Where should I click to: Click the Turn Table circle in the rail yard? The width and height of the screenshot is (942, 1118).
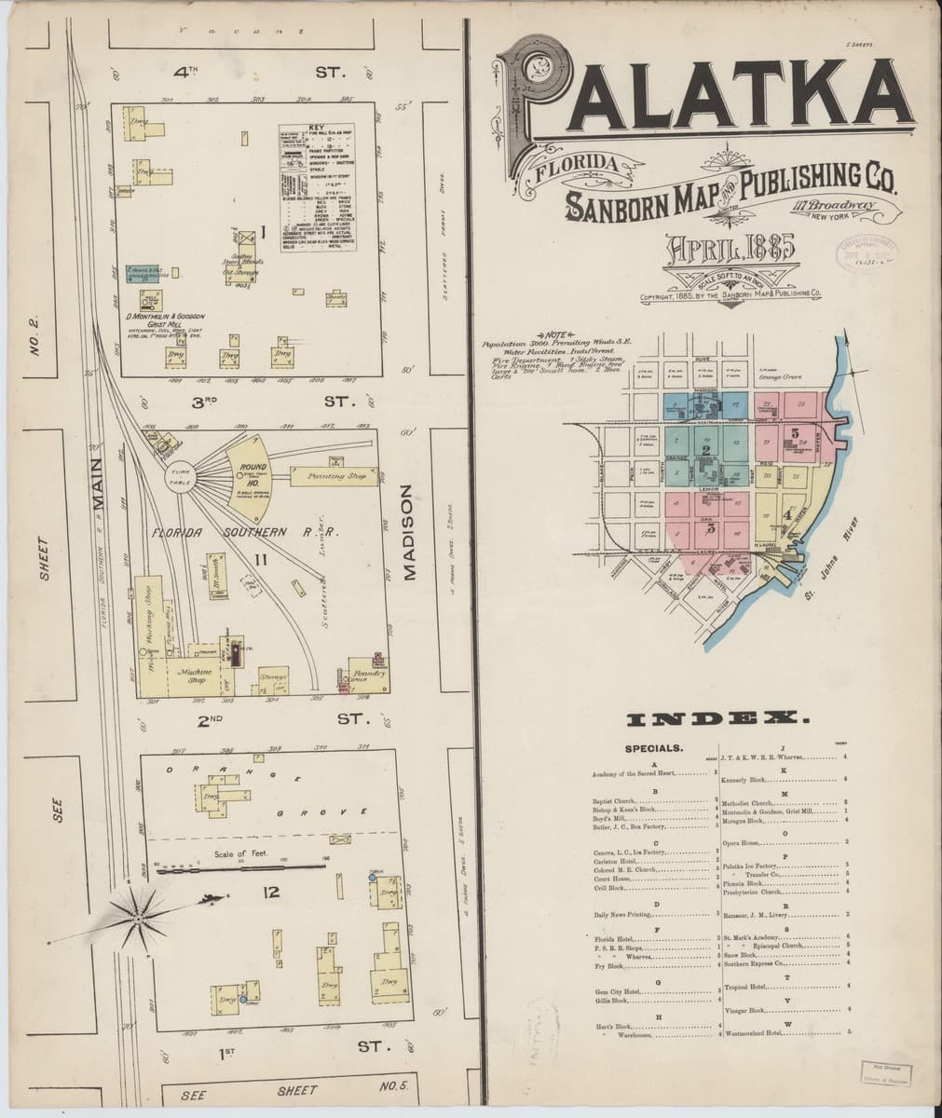click(x=178, y=478)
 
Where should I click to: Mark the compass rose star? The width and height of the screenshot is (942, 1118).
click(x=138, y=918)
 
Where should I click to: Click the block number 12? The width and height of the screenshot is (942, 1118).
click(x=271, y=893)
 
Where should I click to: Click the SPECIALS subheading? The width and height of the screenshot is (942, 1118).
click(x=654, y=747)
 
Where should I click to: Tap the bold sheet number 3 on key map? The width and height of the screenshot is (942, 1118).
click(x=710, y=528)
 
